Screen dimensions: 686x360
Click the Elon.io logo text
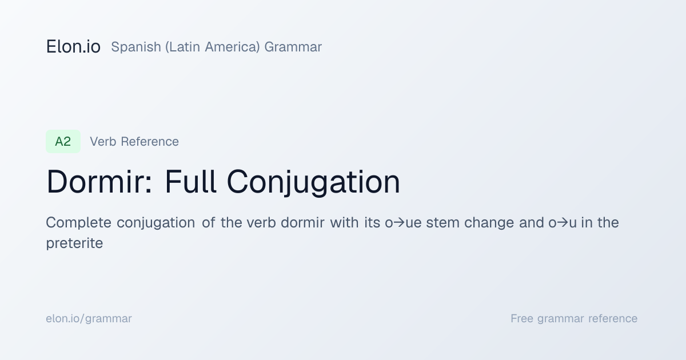tap(73, 47)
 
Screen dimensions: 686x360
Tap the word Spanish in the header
tap(136, 47)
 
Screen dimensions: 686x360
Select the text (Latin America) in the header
tap(213, 47)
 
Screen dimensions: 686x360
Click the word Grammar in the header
tap(293, 47)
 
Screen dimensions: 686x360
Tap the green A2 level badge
tap(63, 142)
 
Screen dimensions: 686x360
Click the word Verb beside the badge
tap(103, 142)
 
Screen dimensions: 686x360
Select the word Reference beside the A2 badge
tap(150, 142)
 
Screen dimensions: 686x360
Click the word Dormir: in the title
tap(99, 182)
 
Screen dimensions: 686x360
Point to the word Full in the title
tap(190, 182)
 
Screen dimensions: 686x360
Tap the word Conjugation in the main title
tap(313, 182)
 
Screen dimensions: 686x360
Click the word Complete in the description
tap(78, 222)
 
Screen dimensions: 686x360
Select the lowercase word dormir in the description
tap(302, 222)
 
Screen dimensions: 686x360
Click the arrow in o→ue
tap(399, 222)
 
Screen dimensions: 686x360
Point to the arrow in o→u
tap(563, 222)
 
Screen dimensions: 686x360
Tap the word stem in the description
tap(443, 222)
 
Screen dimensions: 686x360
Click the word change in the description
tap(489, 222)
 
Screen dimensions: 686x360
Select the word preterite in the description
tap(74, 243)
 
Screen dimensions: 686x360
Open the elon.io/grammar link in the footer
tap(89, 319)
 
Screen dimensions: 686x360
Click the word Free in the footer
tap(522, 318)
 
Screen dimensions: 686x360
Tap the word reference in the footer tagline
tap(613, 318)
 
